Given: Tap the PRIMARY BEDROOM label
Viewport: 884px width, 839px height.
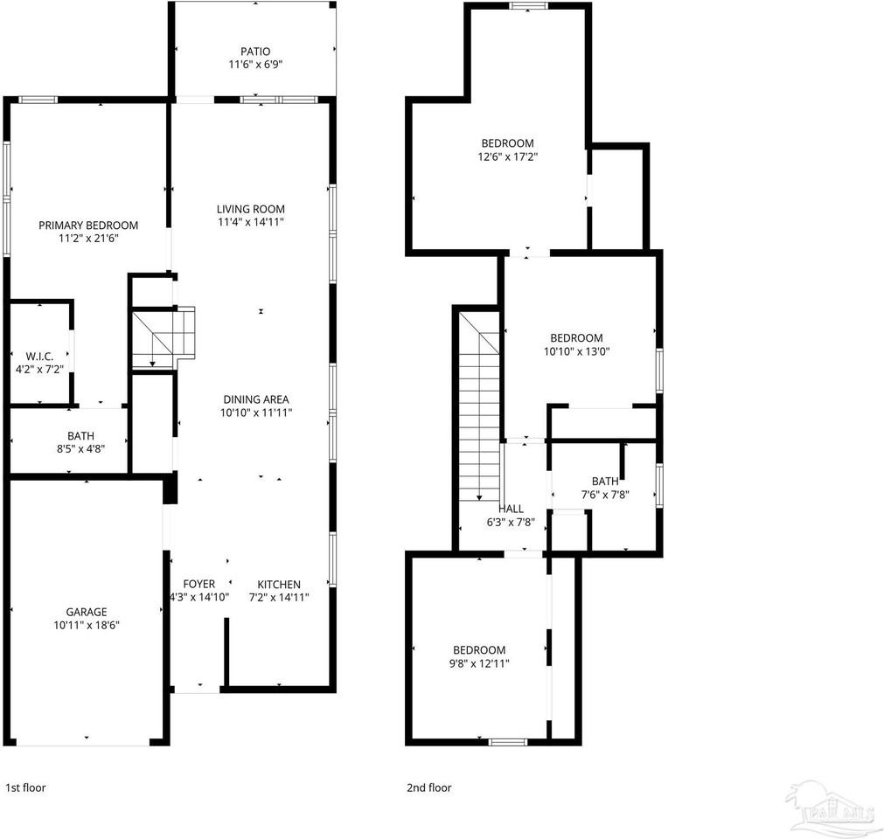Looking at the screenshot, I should point(88,225).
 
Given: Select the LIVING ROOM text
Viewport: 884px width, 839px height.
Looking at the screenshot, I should point(251,209).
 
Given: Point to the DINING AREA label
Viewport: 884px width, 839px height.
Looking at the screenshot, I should point(256,399).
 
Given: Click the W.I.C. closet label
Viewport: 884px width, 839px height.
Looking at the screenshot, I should point(40,357).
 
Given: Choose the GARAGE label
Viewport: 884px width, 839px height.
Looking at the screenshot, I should point(87,613).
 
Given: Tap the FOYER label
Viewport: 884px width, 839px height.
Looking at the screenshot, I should point(198,585).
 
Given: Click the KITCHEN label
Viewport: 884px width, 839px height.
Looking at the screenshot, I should point(279,585).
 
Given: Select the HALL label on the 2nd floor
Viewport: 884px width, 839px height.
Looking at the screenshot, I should point(512,509).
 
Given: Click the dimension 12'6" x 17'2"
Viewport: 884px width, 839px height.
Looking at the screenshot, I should point(507,157).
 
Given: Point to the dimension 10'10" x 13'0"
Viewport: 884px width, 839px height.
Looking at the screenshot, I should point(576,351).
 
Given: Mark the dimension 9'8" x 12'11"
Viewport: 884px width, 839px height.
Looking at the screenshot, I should point(479,663).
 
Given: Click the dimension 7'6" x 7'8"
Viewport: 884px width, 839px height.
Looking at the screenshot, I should point(605,495).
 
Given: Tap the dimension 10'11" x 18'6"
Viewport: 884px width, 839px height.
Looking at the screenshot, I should point(87,626).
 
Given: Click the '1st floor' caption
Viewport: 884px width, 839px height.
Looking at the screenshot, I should point(25,787).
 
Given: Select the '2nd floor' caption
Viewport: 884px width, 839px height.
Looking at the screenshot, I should point(429,787).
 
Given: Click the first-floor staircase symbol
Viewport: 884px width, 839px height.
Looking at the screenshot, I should point(163,338).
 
